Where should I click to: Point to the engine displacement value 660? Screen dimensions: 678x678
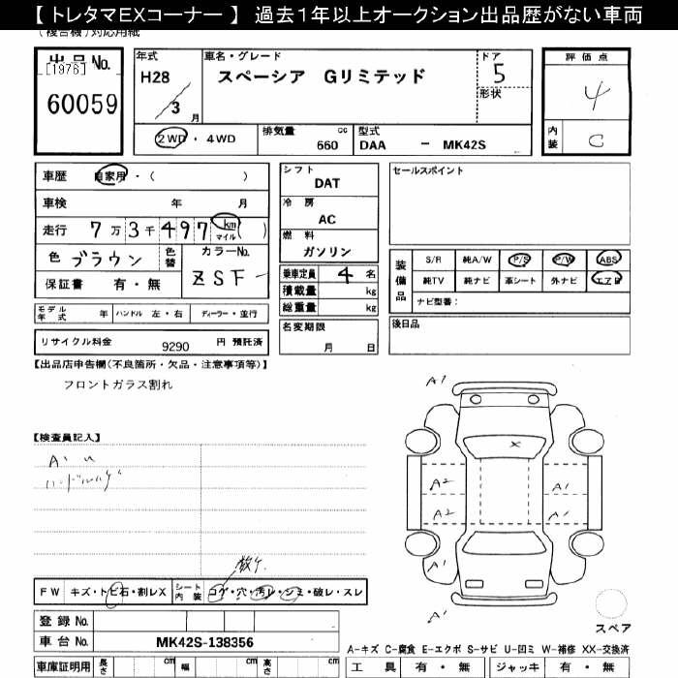327,145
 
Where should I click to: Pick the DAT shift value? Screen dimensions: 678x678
327,183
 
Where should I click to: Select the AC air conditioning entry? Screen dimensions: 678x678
327,219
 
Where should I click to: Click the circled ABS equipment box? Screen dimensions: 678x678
609,260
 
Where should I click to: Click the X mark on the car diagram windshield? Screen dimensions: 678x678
515,444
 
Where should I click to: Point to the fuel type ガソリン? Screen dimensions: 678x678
327,252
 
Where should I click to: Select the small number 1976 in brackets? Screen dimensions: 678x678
66,70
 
